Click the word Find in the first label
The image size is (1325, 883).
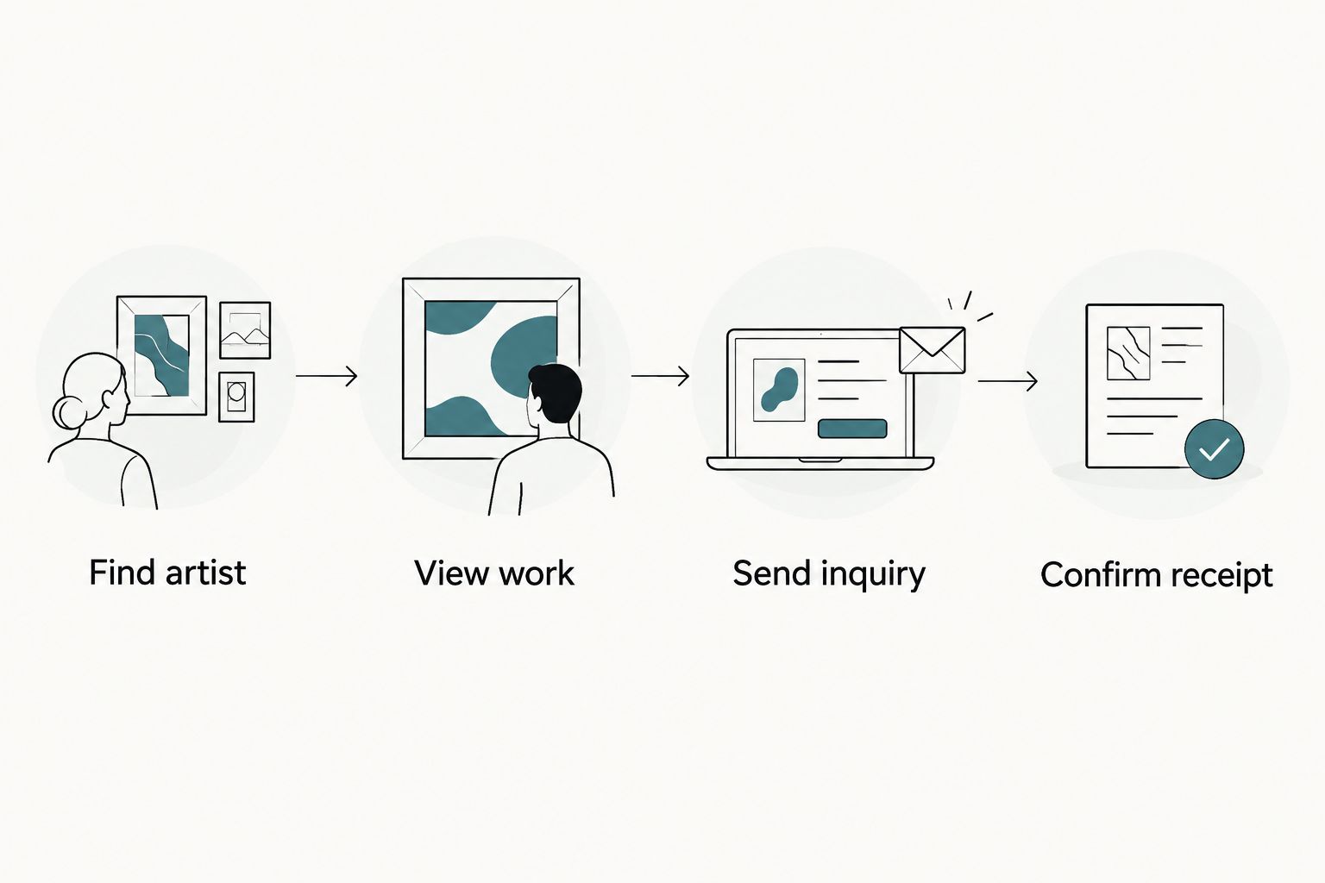click(x=122, y=572)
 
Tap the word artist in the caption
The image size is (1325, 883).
click(x=205, y=572)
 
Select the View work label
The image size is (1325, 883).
click(x=494, y=573)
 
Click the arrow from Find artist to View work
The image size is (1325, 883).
click(x=327, y=376)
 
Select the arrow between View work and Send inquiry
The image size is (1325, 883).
click(x=660, y=376)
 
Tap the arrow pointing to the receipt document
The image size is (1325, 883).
click(x=1008, y=381)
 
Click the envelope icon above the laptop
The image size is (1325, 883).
click(x=932, y=350)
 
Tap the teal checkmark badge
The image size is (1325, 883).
click(x=1214, y=449)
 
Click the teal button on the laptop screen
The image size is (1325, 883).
click(x=851, y=429)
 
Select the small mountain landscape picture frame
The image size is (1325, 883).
click(x=245, y=330)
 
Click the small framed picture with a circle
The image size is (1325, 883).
click(x=236, y=397)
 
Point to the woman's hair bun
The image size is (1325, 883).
click(x=69, y=412)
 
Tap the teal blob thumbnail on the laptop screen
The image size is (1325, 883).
click(x=778, y=390)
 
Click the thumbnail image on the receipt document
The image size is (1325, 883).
click(x=1128, y=353)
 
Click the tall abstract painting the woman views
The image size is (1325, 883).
click(x=161, y=355)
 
